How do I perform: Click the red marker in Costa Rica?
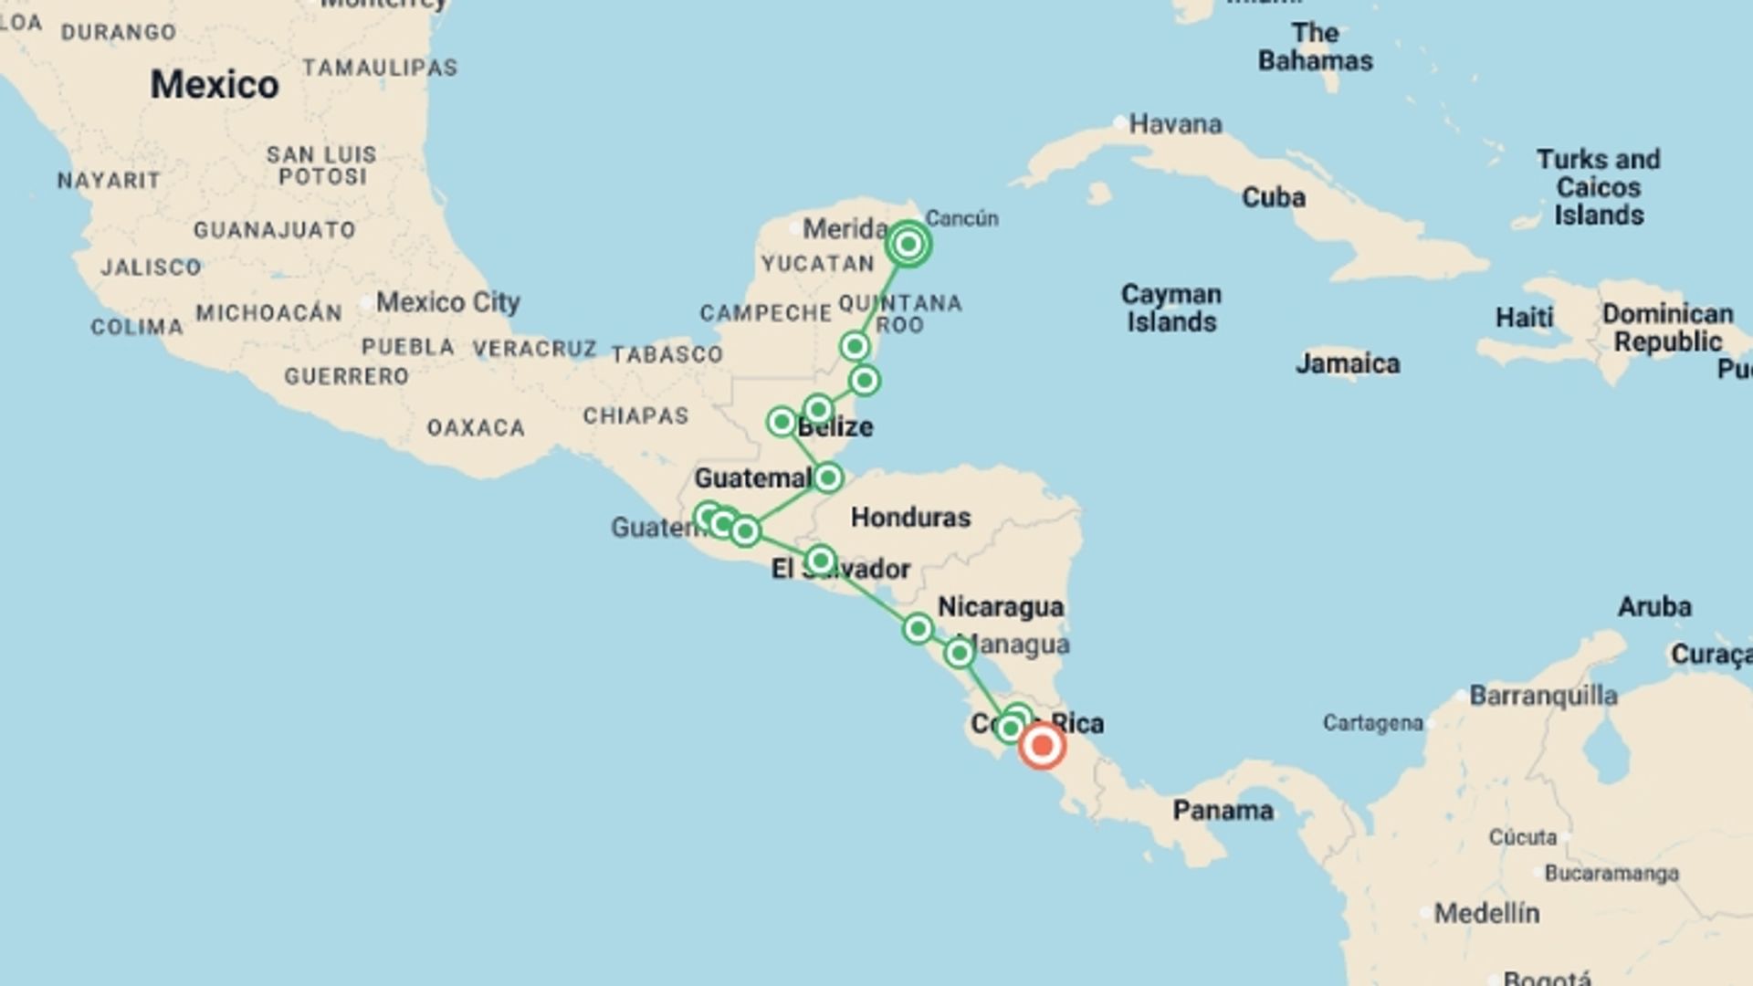point(1042,746)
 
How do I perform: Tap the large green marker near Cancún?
point(908,244)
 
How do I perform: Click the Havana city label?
point(1175,123)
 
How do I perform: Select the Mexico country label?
point(215,85)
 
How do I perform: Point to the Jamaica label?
point(1348,363)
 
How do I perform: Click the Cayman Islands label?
point(1171,308)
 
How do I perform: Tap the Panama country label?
point(1223,810)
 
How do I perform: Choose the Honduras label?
point(910,517)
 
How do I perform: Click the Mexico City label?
point(447,301)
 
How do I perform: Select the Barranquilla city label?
point(1543,696)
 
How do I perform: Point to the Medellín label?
point(1486,912)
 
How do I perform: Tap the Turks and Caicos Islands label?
point(1599,187)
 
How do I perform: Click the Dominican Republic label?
point(1667,328)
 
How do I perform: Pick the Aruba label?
point(1654,606)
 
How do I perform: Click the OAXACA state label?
point(476,427)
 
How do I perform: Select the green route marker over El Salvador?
point(820,560)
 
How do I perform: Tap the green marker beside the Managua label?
point(959,653)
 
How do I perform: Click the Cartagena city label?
point(1372,723)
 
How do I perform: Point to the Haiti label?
point(1524,318)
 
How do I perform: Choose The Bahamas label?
point(1316,47)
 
